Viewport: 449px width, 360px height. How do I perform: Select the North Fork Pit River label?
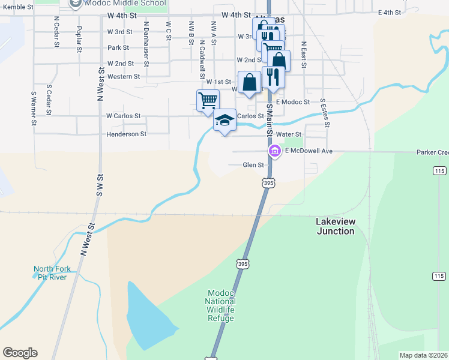pyautogui.click(x=52, y=272)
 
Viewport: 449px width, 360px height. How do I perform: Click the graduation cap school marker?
pyautogui.click(x=224, y=121)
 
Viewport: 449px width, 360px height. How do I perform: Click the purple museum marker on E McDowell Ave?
pyautogui.click(x=275, y=151)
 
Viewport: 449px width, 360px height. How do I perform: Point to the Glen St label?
pyautogui.click(x=253, y=164)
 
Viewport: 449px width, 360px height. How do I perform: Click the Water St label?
pyautogui.click(x=288, y=134)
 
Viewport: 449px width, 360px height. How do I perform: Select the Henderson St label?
pyautogui.click(x=126, y=134)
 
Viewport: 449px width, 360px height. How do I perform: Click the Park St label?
pyautogui.click(x=118, y=48)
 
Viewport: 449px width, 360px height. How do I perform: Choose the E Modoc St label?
pyautogui.click(x=293, y=103)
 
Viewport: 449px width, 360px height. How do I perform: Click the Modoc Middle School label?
pyautogui.click(x=125, y=4)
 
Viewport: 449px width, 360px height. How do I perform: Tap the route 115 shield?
pyautogui.click(x=438, y=275)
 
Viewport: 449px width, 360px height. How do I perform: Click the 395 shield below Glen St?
pyautogui.click(x=268, y=181)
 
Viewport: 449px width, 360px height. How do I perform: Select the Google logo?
pyautogui.click(x=20, y=353)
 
